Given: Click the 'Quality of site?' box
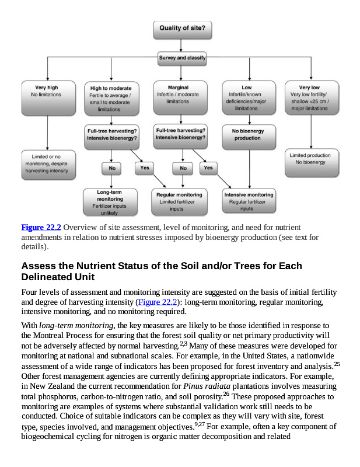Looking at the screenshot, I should pos(181,28).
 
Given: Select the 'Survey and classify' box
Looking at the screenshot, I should pos(181,58).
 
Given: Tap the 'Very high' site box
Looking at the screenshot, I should pos(47,97).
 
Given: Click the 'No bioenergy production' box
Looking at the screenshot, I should pos(247,135).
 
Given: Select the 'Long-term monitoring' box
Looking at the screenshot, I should pos(109,202).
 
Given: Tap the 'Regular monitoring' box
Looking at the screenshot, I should pos(180,201).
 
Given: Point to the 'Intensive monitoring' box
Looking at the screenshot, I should pos(249,201).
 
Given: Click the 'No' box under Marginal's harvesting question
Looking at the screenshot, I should pos(183,168).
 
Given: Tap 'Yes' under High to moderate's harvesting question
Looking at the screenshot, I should pos(144,168).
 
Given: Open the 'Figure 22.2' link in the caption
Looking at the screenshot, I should pos(41,227).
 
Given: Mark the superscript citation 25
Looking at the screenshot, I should pos(337,364).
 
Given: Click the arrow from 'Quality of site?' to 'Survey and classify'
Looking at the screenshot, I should pos(181,44).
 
